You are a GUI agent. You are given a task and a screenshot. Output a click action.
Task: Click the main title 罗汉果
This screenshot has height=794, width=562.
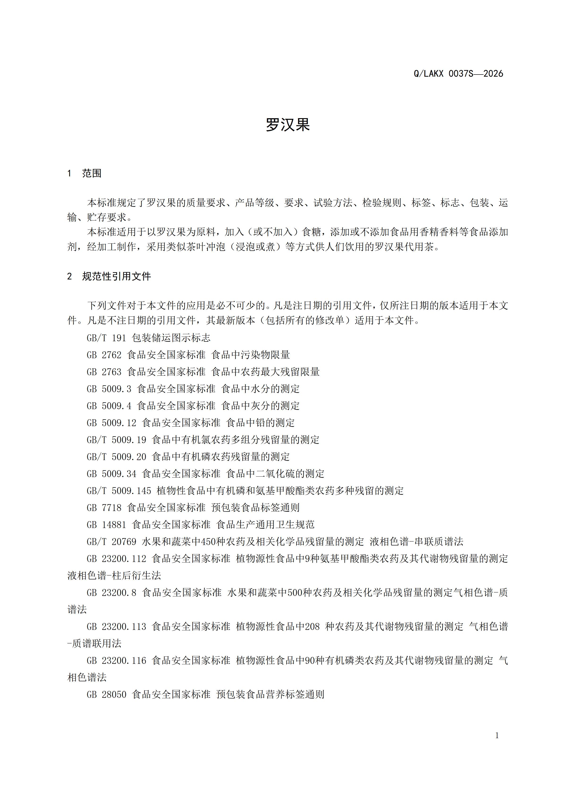pyautogui.click(x=287, y=125)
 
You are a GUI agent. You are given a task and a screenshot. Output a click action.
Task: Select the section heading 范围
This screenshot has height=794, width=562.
pyautogui.click(x=92, y=173)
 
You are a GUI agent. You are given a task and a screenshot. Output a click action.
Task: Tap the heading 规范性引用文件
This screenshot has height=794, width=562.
pyautogui.click(x=117, y=276)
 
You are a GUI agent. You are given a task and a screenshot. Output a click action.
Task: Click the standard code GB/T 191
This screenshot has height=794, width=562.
pyautogui.click(x=106, y=338)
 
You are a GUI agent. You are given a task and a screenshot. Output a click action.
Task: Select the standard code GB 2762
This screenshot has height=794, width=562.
pyautogui.click(x=104, y=355)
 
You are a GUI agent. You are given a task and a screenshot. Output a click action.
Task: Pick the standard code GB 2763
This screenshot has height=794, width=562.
pyautogui.click(x=104, y=372)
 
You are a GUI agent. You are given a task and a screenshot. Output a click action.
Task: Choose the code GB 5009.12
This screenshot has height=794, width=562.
pyautogui.click(x=111, y=423)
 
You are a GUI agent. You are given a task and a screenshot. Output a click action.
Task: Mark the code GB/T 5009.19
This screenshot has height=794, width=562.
pyautogui.click(x=116, y=440)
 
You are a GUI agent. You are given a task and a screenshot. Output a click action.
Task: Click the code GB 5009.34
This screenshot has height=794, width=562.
pyautogui.click(x=111, y=474)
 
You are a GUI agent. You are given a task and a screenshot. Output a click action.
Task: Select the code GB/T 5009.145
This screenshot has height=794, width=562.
pyautogui.click(x=119, y=491)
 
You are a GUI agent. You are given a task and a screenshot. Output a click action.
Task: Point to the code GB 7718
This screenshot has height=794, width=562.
pyautogui.click(x=104, y=508)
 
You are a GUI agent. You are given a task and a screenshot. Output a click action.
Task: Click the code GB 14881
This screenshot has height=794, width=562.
pyautogui.click(x=106, y=525)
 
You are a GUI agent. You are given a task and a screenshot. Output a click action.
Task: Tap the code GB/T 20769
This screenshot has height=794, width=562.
pyautogui.click(x=111, y=541)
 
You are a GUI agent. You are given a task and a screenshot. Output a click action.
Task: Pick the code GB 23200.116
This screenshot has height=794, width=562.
pyautogui.click(x=116, y=661)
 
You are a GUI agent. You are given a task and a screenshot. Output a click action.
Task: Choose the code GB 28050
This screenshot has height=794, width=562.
pyautogui.click(x=106, y=694)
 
